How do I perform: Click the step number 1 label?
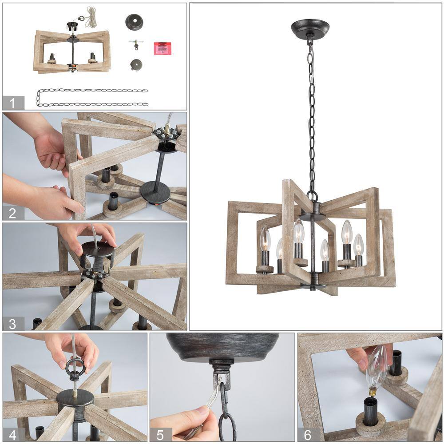click(12, 103)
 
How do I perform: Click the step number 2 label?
click(12, 213)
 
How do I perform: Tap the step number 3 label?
click(12, 324)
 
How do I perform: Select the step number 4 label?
click(12, 435)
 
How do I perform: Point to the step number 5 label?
click(160, 435)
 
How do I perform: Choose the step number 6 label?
click(308, 435)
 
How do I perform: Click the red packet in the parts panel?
click(163, 48)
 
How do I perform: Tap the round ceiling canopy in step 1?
click(134, 22)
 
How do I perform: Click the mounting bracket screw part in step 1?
click(136, 44)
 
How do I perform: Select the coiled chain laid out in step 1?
click(92, 97)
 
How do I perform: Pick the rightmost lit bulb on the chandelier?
click(358, 245)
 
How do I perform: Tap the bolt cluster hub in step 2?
click(166, 133)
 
